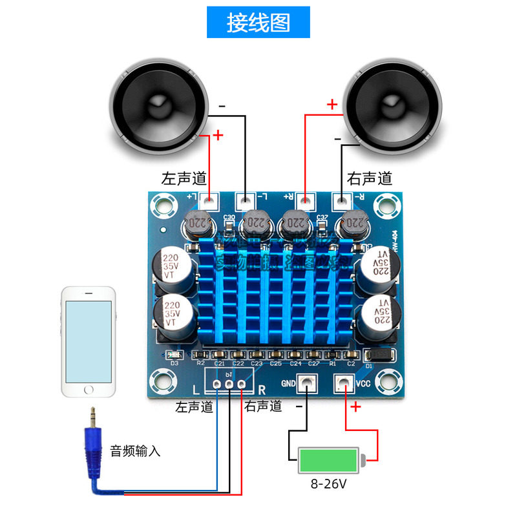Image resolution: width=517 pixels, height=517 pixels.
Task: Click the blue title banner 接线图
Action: [x=258, y=22]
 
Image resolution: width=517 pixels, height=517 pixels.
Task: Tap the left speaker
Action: [x=158, y=106]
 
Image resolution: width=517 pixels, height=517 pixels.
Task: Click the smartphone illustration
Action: [x=90, y=341]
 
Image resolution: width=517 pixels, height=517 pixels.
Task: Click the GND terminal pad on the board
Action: [x=306, y=385]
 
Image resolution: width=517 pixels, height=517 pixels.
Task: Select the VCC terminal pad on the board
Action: [x=342, y=385]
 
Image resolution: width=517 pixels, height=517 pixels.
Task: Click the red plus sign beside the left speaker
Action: [x=218, y=135]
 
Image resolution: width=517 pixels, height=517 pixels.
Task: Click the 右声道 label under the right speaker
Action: [x=370, y=178]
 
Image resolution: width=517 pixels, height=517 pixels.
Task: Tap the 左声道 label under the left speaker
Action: [x=183, y=178]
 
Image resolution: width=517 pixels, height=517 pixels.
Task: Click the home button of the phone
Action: [x=90, y=390]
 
